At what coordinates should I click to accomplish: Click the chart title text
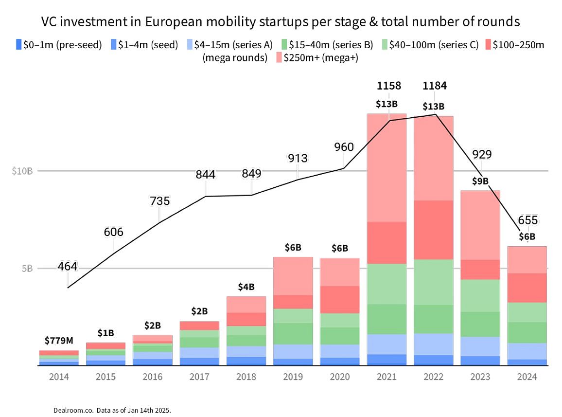click(x=281, y=22)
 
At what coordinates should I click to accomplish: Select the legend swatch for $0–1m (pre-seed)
click(x=18, y=45)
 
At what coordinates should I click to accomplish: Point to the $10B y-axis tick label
click(x=22, y=171)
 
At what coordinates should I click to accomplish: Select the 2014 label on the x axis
click(x=58, y=377)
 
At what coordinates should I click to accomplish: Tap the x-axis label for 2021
click(x=386, y=377)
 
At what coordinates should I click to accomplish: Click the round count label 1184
click(x=434, y=86)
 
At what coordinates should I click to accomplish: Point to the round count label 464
click(x=68, y=267)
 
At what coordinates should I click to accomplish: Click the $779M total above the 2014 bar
click(x=58, y=340)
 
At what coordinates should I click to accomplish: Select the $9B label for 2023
click(x=480, y=181)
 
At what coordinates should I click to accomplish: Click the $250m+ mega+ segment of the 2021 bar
click(x=386, y=168)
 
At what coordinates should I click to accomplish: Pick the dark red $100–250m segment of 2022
click(x=433, y=230)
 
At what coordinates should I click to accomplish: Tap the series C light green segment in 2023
click(x=480, y=295)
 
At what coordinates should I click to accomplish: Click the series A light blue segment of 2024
click(x=527, y=351)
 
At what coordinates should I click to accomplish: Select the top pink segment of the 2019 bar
click(x=293, y=275)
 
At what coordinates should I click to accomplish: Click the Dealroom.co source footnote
click(x=112, y=410)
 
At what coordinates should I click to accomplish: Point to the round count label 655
click(x=528, y=220)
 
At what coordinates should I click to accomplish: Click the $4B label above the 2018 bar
click(x=246, y=287)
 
